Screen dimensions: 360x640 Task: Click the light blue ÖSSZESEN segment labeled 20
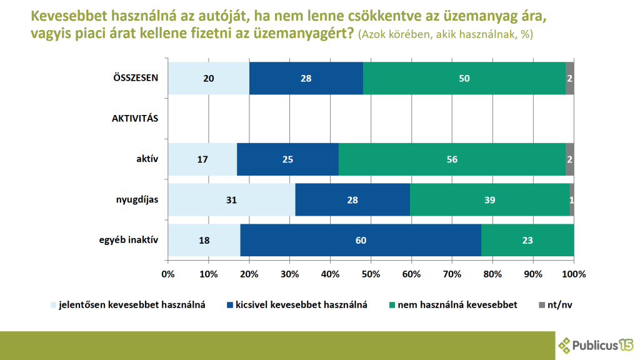click(208, 79)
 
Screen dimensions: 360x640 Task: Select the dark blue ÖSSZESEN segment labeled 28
click(306, 79)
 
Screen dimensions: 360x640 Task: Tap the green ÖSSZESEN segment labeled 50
click(464, 79)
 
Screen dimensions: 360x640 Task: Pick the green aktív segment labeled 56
click(452, 159)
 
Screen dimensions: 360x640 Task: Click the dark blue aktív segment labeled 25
click(287, 159)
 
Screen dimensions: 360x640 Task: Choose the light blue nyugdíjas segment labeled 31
click(231, 199)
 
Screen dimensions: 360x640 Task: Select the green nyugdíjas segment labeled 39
click(490, 199)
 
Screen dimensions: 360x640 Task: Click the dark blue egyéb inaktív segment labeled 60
click(361, 240)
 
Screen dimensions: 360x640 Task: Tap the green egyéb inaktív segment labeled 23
click(527, 240)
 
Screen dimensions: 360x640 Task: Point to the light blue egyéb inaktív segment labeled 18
click(204, 240)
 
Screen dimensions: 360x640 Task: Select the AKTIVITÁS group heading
click(135, 119)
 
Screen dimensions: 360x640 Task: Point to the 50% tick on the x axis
click(371, 274)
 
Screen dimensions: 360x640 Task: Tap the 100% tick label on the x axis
click(574, 274)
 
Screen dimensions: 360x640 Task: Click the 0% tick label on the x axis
click(167, 274)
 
